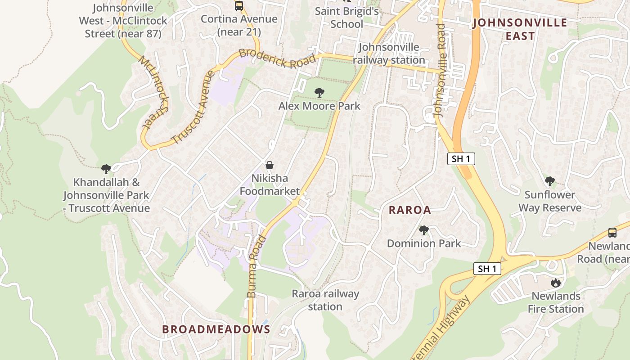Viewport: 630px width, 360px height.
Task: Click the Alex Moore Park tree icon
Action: click(319, 93)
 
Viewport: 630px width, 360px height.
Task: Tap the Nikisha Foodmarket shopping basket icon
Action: click(269, 165)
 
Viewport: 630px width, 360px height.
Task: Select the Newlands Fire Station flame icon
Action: click(556, 283)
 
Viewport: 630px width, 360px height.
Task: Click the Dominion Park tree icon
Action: click(423, 230)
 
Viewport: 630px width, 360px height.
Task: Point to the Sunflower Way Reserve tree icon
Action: click(549, 181)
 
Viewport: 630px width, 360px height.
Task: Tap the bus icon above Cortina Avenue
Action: click(239, 6)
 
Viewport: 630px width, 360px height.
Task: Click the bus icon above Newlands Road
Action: click(612, 233)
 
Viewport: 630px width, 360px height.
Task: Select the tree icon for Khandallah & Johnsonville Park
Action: click(106, 169)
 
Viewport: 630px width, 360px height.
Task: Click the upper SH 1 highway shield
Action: click(461, 158)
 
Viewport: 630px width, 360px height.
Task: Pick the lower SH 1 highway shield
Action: click(487, 269)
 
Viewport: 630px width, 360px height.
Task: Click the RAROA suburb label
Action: click(409, 210)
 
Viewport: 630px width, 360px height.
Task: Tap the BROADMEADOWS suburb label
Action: click(216, 329)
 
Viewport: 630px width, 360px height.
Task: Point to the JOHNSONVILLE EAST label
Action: click(520, 29)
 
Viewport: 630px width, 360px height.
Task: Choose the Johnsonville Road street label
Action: click(441, 70)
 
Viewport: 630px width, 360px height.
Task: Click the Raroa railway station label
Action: click(325, 300)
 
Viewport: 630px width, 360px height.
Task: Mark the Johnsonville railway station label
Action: click(389, 54)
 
